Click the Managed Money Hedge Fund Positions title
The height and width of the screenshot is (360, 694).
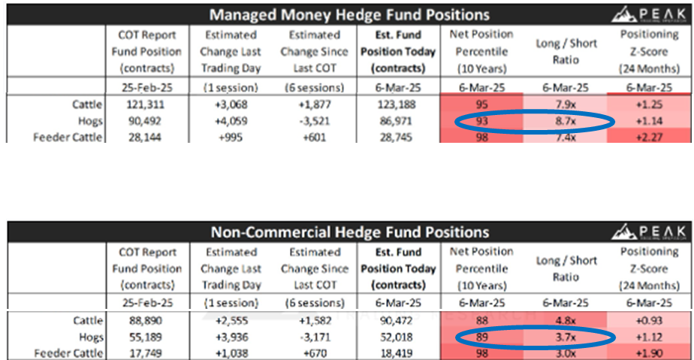pos(349,14)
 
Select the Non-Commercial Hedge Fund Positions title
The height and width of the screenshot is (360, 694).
pos(349,232)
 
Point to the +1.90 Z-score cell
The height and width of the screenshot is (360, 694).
pos(650,352)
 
